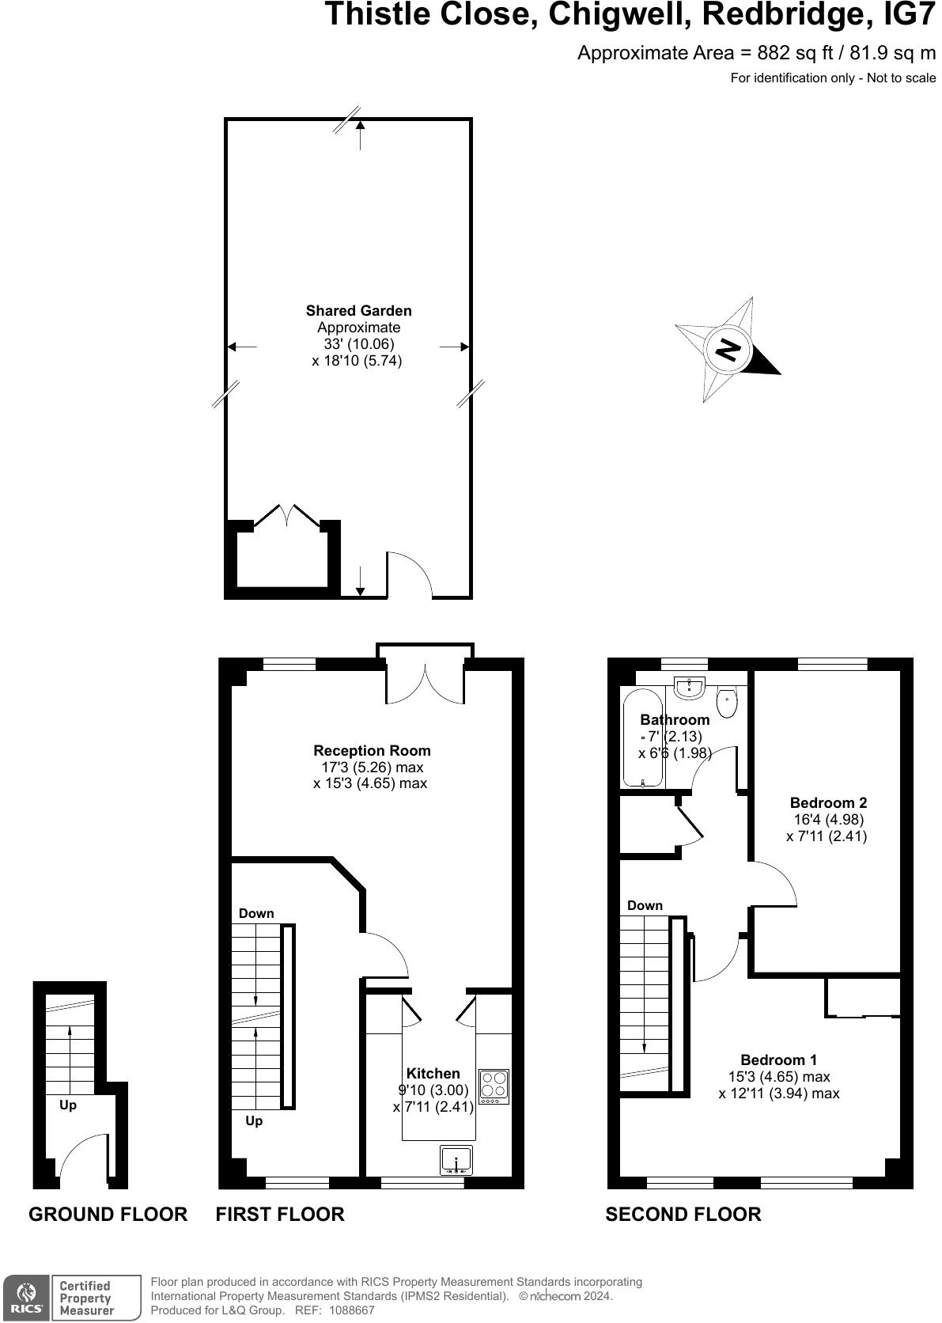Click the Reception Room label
coord(372,750)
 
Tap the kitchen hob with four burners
coord(494,1086)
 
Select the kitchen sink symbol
coord(456,1160)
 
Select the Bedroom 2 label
coord(828,802)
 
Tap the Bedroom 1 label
coord(778,1060)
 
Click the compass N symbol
coord(728,349)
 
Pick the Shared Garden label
coord(358,311)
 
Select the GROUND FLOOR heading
coord(108,1214)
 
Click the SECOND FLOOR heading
coord(683,1214)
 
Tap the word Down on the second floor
coord(645,905)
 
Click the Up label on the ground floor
coord(68,1105)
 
